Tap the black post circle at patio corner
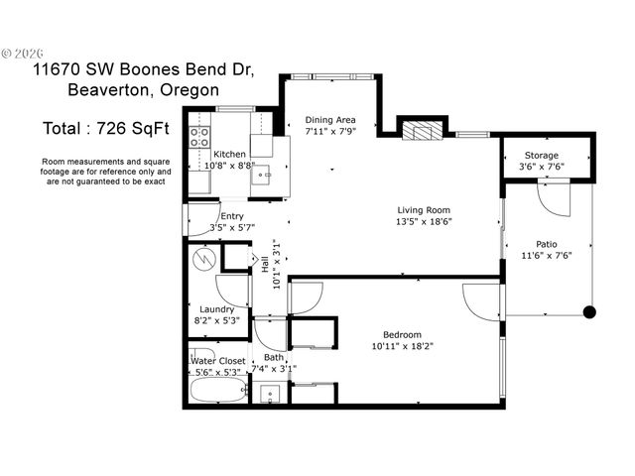pos(589,312)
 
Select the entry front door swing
pos(198,219)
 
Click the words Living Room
pos(424,209)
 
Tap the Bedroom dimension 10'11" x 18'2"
pos(403,347)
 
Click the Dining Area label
pos(330,120)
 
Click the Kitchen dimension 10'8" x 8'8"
pos(230,166)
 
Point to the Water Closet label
pos(218,361)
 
